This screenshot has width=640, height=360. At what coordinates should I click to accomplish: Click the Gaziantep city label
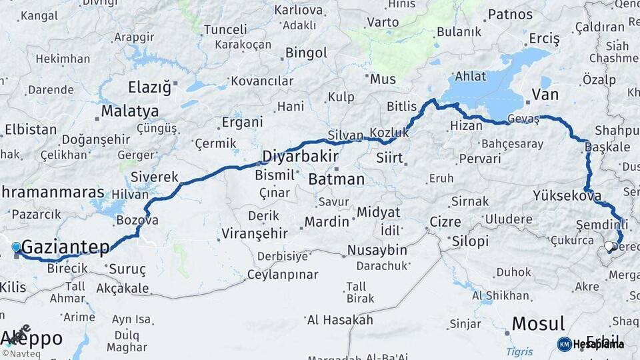point(65,248)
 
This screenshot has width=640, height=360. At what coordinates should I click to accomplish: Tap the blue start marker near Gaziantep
point(16,247)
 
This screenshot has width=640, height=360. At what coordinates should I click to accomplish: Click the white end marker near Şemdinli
point(609,247)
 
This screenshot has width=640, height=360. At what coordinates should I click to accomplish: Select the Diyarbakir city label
point(297,157)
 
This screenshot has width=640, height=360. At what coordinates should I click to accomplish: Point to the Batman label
point(337,179)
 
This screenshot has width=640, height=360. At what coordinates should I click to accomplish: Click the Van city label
point(545,95)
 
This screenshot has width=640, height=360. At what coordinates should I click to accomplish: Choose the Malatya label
point(130,111)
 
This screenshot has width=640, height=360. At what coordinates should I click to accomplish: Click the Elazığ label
point(149,87)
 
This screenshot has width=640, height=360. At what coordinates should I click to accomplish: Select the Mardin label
point(327,222)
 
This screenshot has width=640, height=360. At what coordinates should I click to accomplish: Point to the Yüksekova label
point(567,196)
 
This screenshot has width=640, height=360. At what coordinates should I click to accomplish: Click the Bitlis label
point(401,107)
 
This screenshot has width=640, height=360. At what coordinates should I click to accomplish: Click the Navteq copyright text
point(21,353)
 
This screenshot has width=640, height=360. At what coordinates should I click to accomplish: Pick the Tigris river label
point(519,351)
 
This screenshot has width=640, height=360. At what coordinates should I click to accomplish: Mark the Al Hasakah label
point(339,320)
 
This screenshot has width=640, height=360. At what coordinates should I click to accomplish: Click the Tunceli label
point(225,30)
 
